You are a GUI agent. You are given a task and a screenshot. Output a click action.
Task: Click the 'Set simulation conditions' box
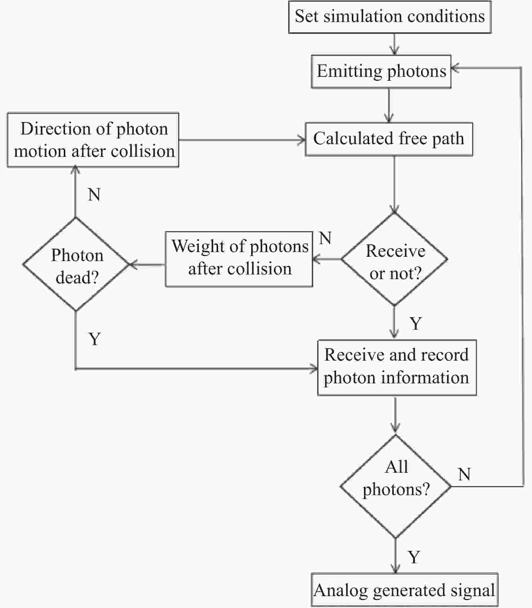point(390,17)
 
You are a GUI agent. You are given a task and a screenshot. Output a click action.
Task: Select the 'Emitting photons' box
point(381,71)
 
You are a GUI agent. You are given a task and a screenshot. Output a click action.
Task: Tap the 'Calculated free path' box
point(389,139)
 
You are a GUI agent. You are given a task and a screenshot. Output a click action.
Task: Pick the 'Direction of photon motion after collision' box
point(93,140)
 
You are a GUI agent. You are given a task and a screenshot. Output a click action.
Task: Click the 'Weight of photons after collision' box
point(239,259)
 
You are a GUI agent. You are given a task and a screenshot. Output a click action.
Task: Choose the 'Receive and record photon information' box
point(397,368)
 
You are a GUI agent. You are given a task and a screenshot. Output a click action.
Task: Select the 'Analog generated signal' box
point(404,590)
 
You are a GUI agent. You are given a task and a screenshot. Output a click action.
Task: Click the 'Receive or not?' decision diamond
point(395,259)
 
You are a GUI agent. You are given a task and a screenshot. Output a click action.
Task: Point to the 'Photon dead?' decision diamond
point(75,264)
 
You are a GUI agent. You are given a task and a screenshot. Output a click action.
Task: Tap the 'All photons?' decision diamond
point(396,486)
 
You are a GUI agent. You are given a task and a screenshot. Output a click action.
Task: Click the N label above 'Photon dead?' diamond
point(94,195)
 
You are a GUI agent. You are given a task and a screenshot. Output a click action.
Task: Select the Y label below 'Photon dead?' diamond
point(94,339)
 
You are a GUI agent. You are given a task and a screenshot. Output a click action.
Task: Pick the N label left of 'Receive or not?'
point(325,238)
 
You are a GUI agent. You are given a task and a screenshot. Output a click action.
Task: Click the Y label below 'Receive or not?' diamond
point(416,323)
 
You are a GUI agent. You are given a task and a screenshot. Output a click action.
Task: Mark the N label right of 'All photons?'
point(464,475)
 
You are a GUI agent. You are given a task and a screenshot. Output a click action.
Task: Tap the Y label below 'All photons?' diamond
point(414,558)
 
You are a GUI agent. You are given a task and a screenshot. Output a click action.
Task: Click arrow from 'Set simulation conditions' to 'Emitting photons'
point(395,44)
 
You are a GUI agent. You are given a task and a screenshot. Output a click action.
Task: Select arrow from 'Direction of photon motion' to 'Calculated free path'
point(242,140)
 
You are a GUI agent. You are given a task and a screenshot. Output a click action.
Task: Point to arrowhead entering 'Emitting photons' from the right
point(455,68)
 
